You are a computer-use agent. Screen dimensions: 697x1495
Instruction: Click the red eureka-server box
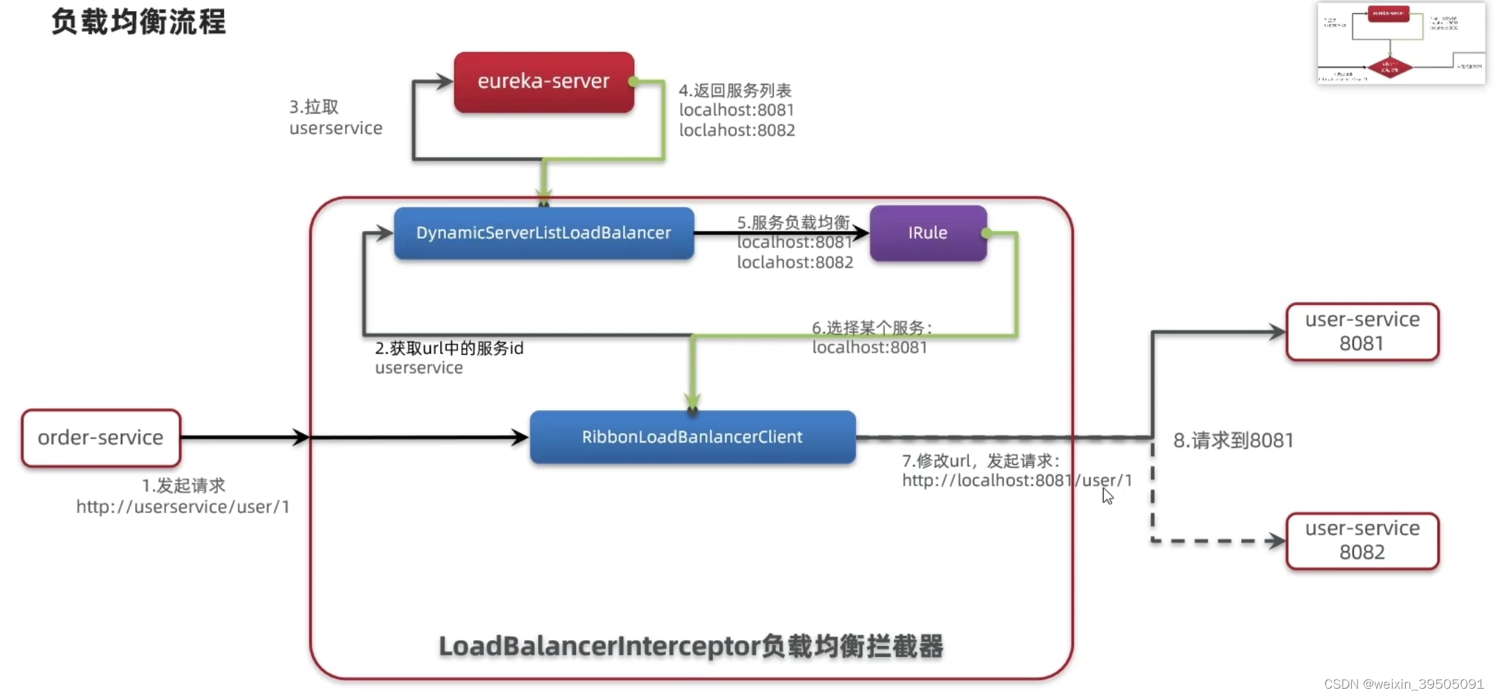[544, 82]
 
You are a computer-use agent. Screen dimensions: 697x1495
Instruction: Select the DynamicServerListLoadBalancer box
[544, 233]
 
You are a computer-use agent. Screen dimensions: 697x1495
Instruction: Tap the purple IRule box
[927, 233]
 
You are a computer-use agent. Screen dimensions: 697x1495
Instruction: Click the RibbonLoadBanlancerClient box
[692, 437]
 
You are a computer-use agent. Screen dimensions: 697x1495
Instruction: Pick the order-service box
[101, 438]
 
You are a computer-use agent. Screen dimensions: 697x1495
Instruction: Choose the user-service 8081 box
[1362, 332]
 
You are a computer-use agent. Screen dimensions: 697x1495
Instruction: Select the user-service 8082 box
[1362, 541]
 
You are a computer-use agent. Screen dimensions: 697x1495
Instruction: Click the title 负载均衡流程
[138, 21]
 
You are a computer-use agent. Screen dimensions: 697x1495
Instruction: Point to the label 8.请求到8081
[1233, 440]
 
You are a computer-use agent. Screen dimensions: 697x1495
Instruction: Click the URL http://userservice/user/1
[183, 507]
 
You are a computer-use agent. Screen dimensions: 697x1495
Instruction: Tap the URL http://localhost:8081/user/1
[1016, 481]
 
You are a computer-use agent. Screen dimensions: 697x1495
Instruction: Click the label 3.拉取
[314, 107]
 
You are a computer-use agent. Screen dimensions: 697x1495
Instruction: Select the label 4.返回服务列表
[734, 91]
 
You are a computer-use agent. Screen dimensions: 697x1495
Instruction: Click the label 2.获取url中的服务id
[449, 348]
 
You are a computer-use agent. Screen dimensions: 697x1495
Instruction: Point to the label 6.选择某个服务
[871, 328]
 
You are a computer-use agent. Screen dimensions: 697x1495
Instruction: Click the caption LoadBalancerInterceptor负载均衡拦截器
[691, 647]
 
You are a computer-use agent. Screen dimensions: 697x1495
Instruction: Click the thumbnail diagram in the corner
[1400, 44]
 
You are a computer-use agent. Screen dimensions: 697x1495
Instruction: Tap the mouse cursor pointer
[1107, 495]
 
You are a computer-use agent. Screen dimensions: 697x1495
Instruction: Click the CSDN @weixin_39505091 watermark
[1403, 684]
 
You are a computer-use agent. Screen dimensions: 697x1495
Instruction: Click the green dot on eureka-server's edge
[632, 82]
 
